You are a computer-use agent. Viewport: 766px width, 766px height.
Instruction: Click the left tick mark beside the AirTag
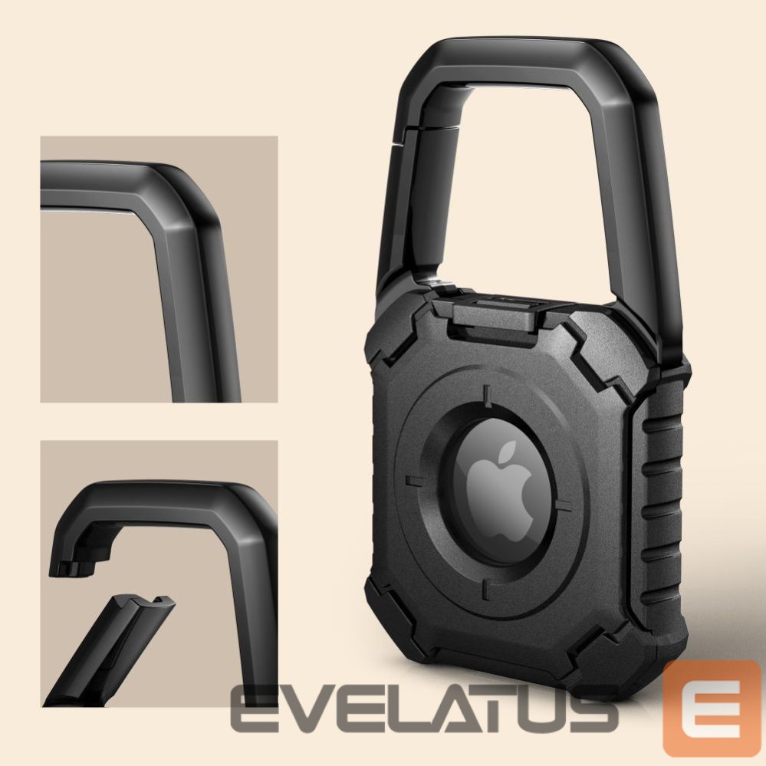(x=415, y=481)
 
